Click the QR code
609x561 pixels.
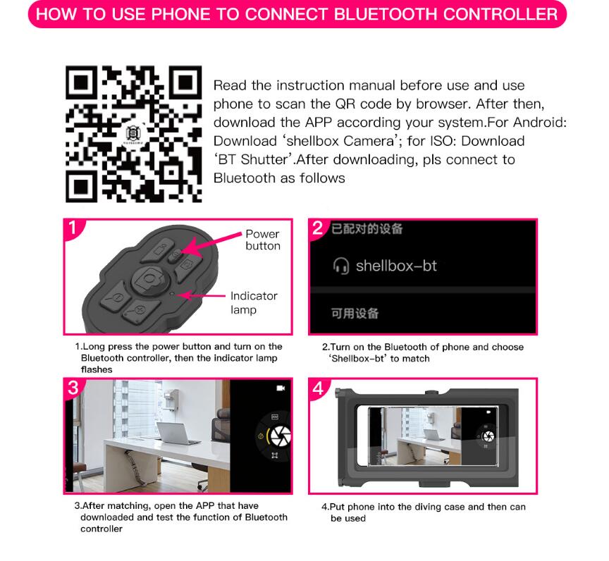click(x=133, y=133)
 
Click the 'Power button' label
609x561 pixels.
click(x=263, y=240)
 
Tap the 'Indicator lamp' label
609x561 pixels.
click(x=254, y=303)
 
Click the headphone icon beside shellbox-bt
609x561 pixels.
click(x=341, y=266)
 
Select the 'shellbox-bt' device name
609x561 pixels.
click(x=396, y=266)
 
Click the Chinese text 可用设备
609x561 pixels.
click(x=355, y=314)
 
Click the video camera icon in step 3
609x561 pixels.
click(x=281, y=388)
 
